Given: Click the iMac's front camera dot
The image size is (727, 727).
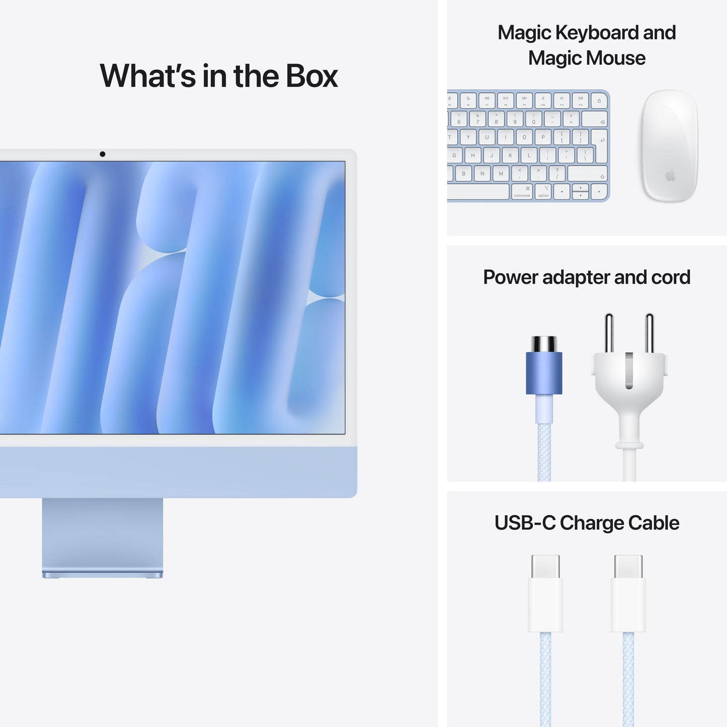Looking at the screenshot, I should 103,154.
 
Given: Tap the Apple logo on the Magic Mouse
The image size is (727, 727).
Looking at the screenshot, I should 670,176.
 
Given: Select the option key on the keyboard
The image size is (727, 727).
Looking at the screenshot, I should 543,192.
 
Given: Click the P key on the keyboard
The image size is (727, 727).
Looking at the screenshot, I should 543,137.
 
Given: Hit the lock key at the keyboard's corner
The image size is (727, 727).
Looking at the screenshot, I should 599,101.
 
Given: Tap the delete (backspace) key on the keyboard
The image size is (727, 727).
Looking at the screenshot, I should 594,119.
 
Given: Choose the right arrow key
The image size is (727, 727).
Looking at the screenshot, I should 599,192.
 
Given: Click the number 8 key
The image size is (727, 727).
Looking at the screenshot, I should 496,119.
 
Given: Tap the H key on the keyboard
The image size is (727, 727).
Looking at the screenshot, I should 472,155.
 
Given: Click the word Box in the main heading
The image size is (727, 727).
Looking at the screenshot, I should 312,76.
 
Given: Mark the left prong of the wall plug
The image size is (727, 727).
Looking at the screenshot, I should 609,333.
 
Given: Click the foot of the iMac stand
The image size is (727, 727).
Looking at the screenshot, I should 103,574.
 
